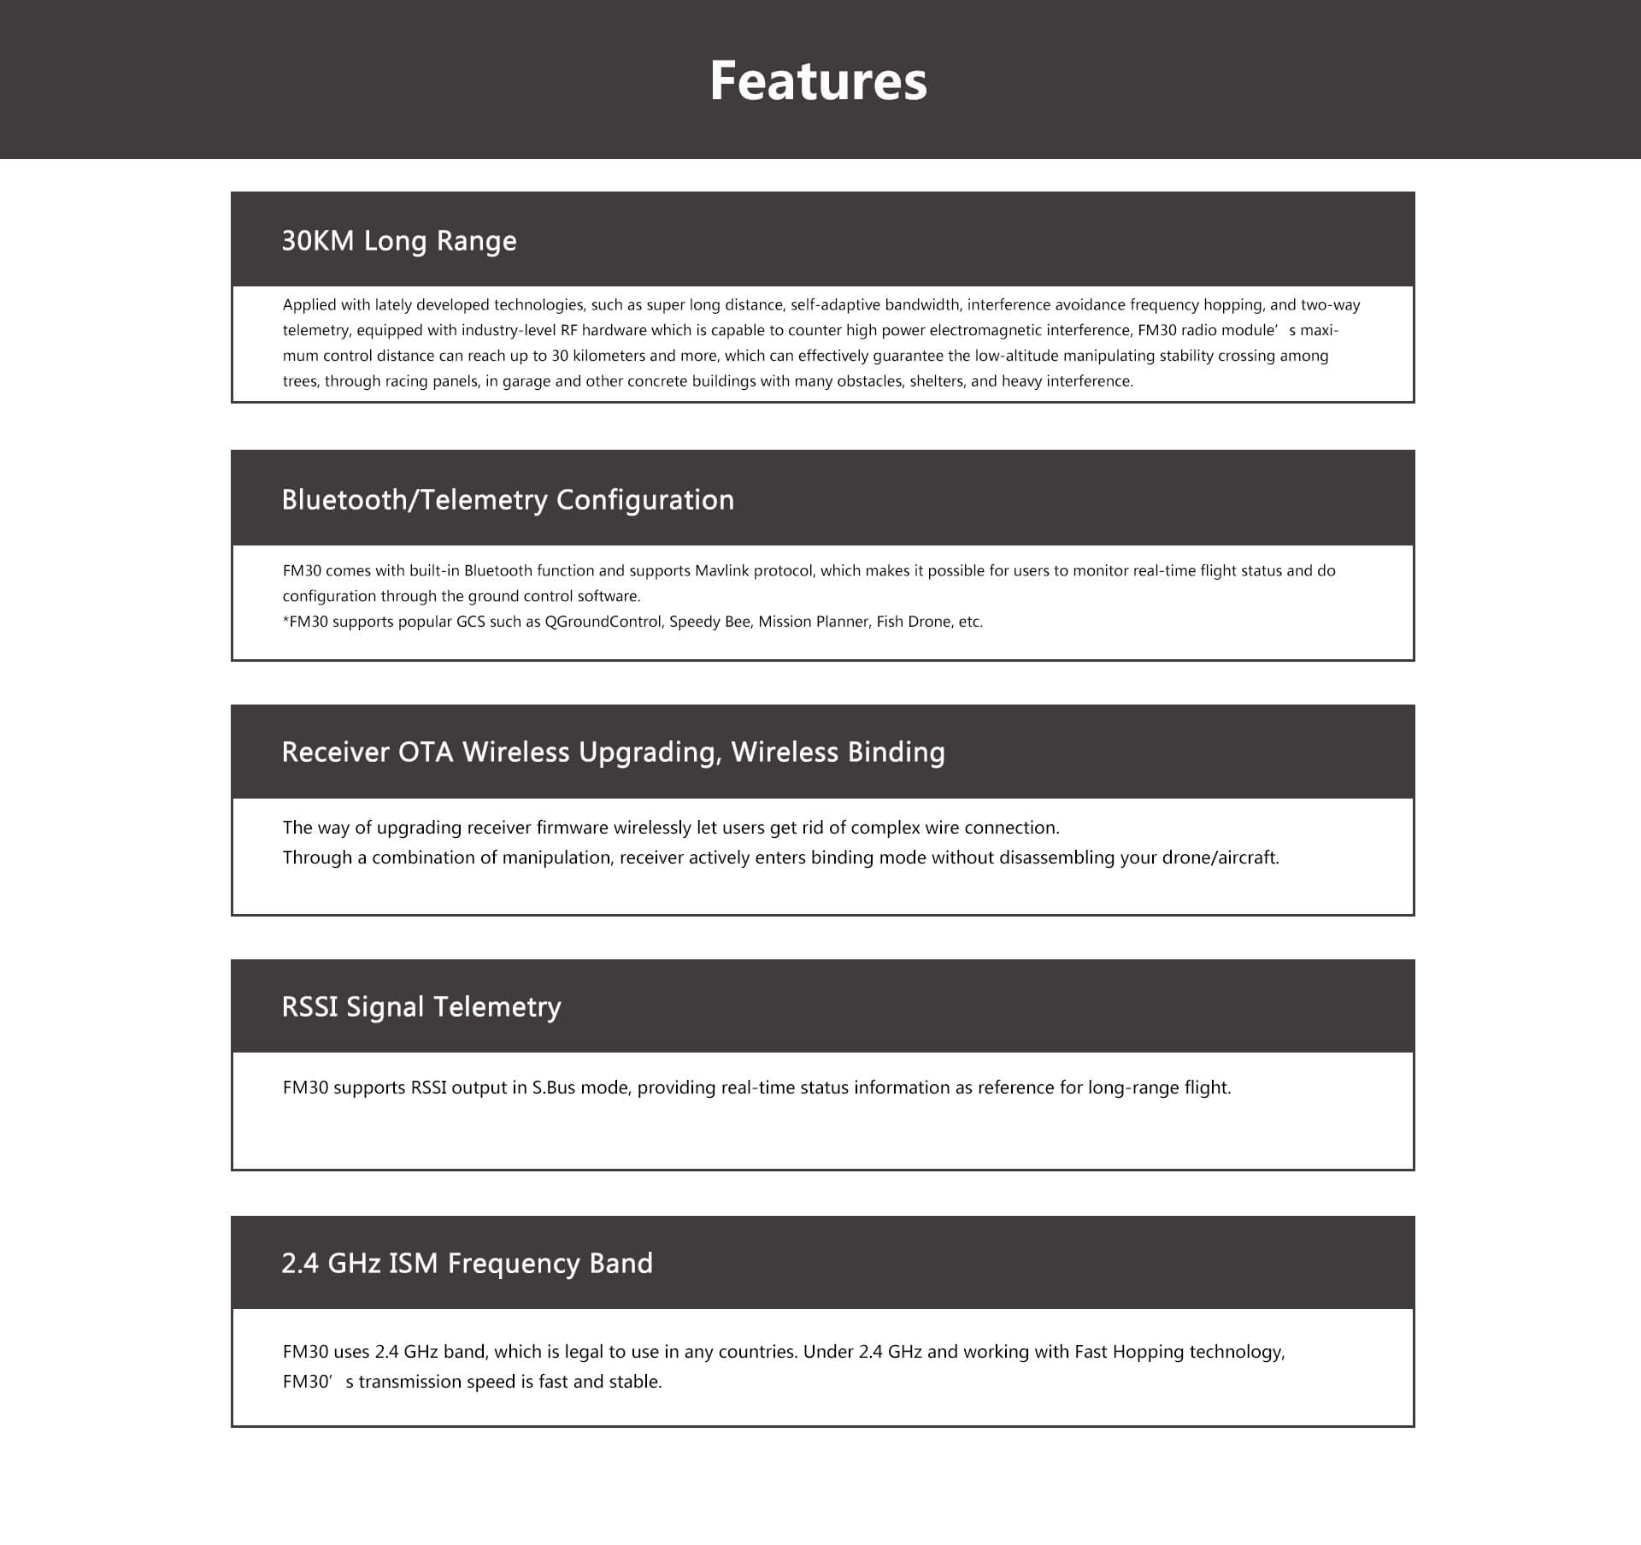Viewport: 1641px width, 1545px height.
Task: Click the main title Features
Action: coord(818,81)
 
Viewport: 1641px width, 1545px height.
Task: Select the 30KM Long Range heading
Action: coord(399,241)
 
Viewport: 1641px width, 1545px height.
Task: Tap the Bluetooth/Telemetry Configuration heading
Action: coord(508,500)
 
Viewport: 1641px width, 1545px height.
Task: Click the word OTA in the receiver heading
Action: coord(426,752)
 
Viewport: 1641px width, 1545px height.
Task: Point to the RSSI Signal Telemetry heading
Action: coord(421,1007)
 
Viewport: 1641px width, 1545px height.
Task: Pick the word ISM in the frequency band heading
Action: coord(413,1264)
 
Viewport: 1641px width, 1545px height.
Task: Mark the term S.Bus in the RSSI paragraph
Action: coord(554,1088)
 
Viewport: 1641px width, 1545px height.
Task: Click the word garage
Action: coord(526,381)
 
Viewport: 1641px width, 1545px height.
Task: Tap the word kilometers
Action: coord(609,356)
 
